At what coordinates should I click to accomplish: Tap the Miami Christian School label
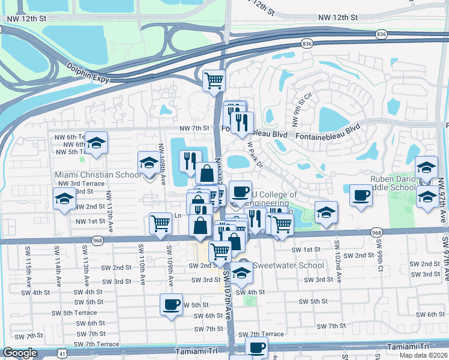(x=98, y=175)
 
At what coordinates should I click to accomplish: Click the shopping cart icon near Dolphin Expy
(x=214, y=80)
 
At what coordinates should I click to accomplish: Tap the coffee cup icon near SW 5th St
(x=171, y=304)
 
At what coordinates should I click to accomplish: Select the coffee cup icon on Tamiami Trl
(x=257, y=347)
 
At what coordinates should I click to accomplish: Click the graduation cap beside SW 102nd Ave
(x=326, y=212)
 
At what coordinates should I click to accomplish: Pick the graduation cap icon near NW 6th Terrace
(x=95, y=143)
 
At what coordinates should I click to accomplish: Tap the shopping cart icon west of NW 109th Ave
(x=160, y=223)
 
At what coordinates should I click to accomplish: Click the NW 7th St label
(x=193, y=128)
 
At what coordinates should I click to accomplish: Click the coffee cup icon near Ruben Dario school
(x=361, y=196)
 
